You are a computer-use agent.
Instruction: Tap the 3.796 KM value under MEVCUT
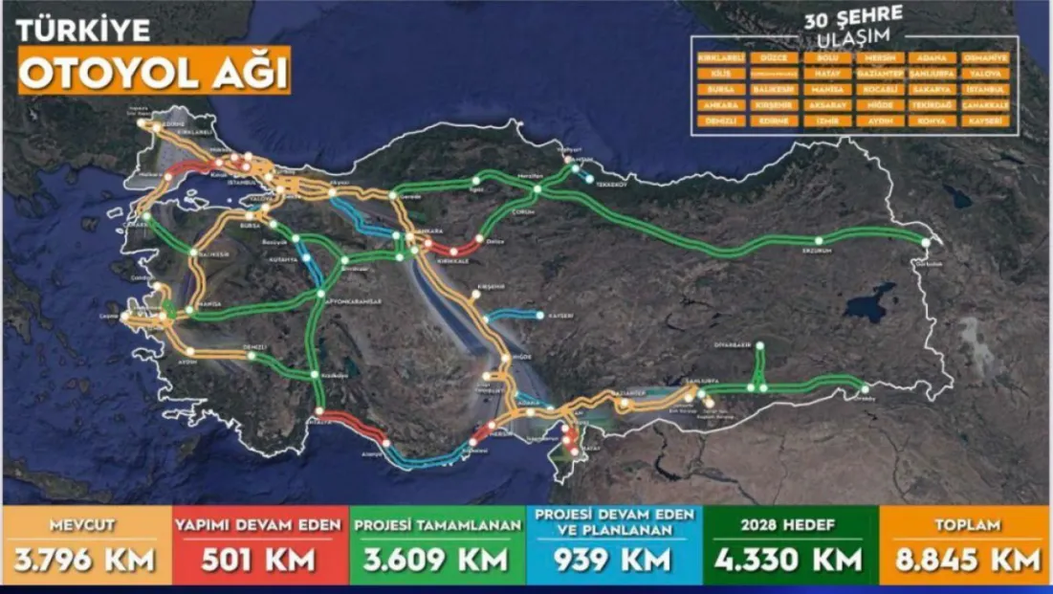85,559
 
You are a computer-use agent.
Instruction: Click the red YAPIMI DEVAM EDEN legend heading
260,525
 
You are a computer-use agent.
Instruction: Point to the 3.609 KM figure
437,559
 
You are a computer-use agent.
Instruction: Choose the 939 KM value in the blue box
613,560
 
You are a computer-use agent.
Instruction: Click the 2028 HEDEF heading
790,525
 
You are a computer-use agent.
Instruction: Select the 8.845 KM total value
967,559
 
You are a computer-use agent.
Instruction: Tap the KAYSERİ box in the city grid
985,121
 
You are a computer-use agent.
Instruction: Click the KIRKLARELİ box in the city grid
721,57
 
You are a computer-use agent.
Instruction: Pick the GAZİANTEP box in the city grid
879,73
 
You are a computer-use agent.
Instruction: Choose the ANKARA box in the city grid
721,105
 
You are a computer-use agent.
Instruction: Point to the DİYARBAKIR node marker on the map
759,345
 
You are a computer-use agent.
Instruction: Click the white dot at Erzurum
818,239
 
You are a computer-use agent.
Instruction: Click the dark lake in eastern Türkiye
870,303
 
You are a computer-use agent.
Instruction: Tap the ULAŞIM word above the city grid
854,36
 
